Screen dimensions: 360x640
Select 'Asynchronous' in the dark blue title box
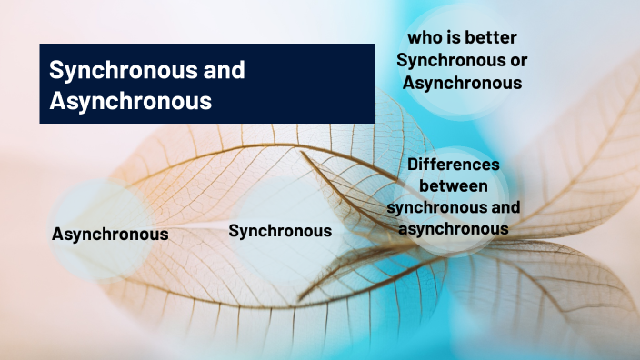coord(130,100)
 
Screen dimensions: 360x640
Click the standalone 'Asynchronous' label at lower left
coord(110,234)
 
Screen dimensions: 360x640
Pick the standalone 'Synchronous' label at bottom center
coord(280,231)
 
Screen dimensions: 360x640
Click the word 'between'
coord(453,186)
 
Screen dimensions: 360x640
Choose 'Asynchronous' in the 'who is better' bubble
coord(463,83)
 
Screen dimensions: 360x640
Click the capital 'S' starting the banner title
coord(55,70)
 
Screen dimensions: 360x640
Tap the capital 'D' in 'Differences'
coord(414,165)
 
